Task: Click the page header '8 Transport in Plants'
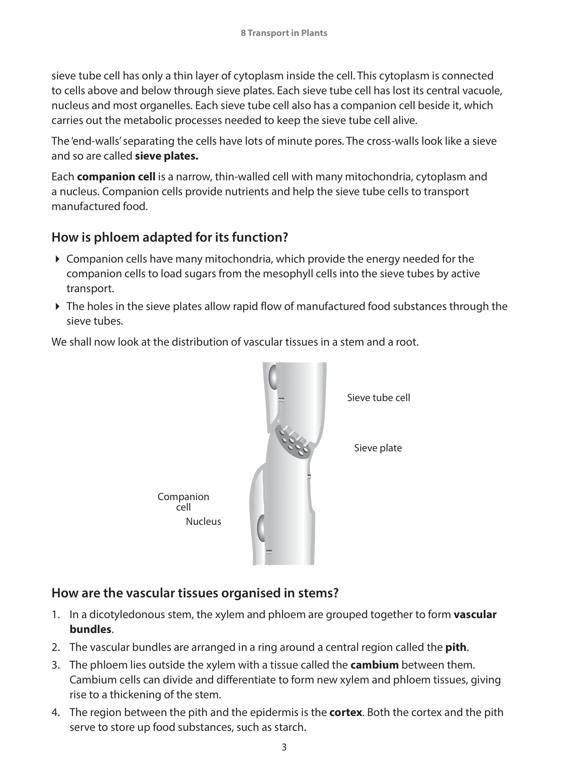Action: coord(284,33)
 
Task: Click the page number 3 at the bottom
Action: coord(284,747)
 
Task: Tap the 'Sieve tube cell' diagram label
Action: coord(378,398)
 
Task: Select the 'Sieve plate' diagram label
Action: coord(378,448)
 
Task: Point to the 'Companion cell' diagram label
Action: coord(183,502)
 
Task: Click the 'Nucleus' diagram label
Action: coord(203,521)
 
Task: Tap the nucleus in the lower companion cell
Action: coord(262,528)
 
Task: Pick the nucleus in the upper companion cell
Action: coord(273,377)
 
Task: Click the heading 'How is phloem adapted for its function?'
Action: coord(170,237)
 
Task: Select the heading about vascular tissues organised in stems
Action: coord(195,593)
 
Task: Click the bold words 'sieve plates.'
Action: coord(167,156)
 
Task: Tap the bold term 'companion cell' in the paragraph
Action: coord(116,177)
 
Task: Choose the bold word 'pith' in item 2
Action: coord(456,647)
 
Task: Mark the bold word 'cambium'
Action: coord(374,665)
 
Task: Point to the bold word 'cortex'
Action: coord(345,712)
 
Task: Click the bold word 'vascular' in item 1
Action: coord(475,614)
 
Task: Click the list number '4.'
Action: coord(56,712)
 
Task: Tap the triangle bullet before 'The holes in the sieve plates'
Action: coord(58,306)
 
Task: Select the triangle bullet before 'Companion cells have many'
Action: coord(58,259)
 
